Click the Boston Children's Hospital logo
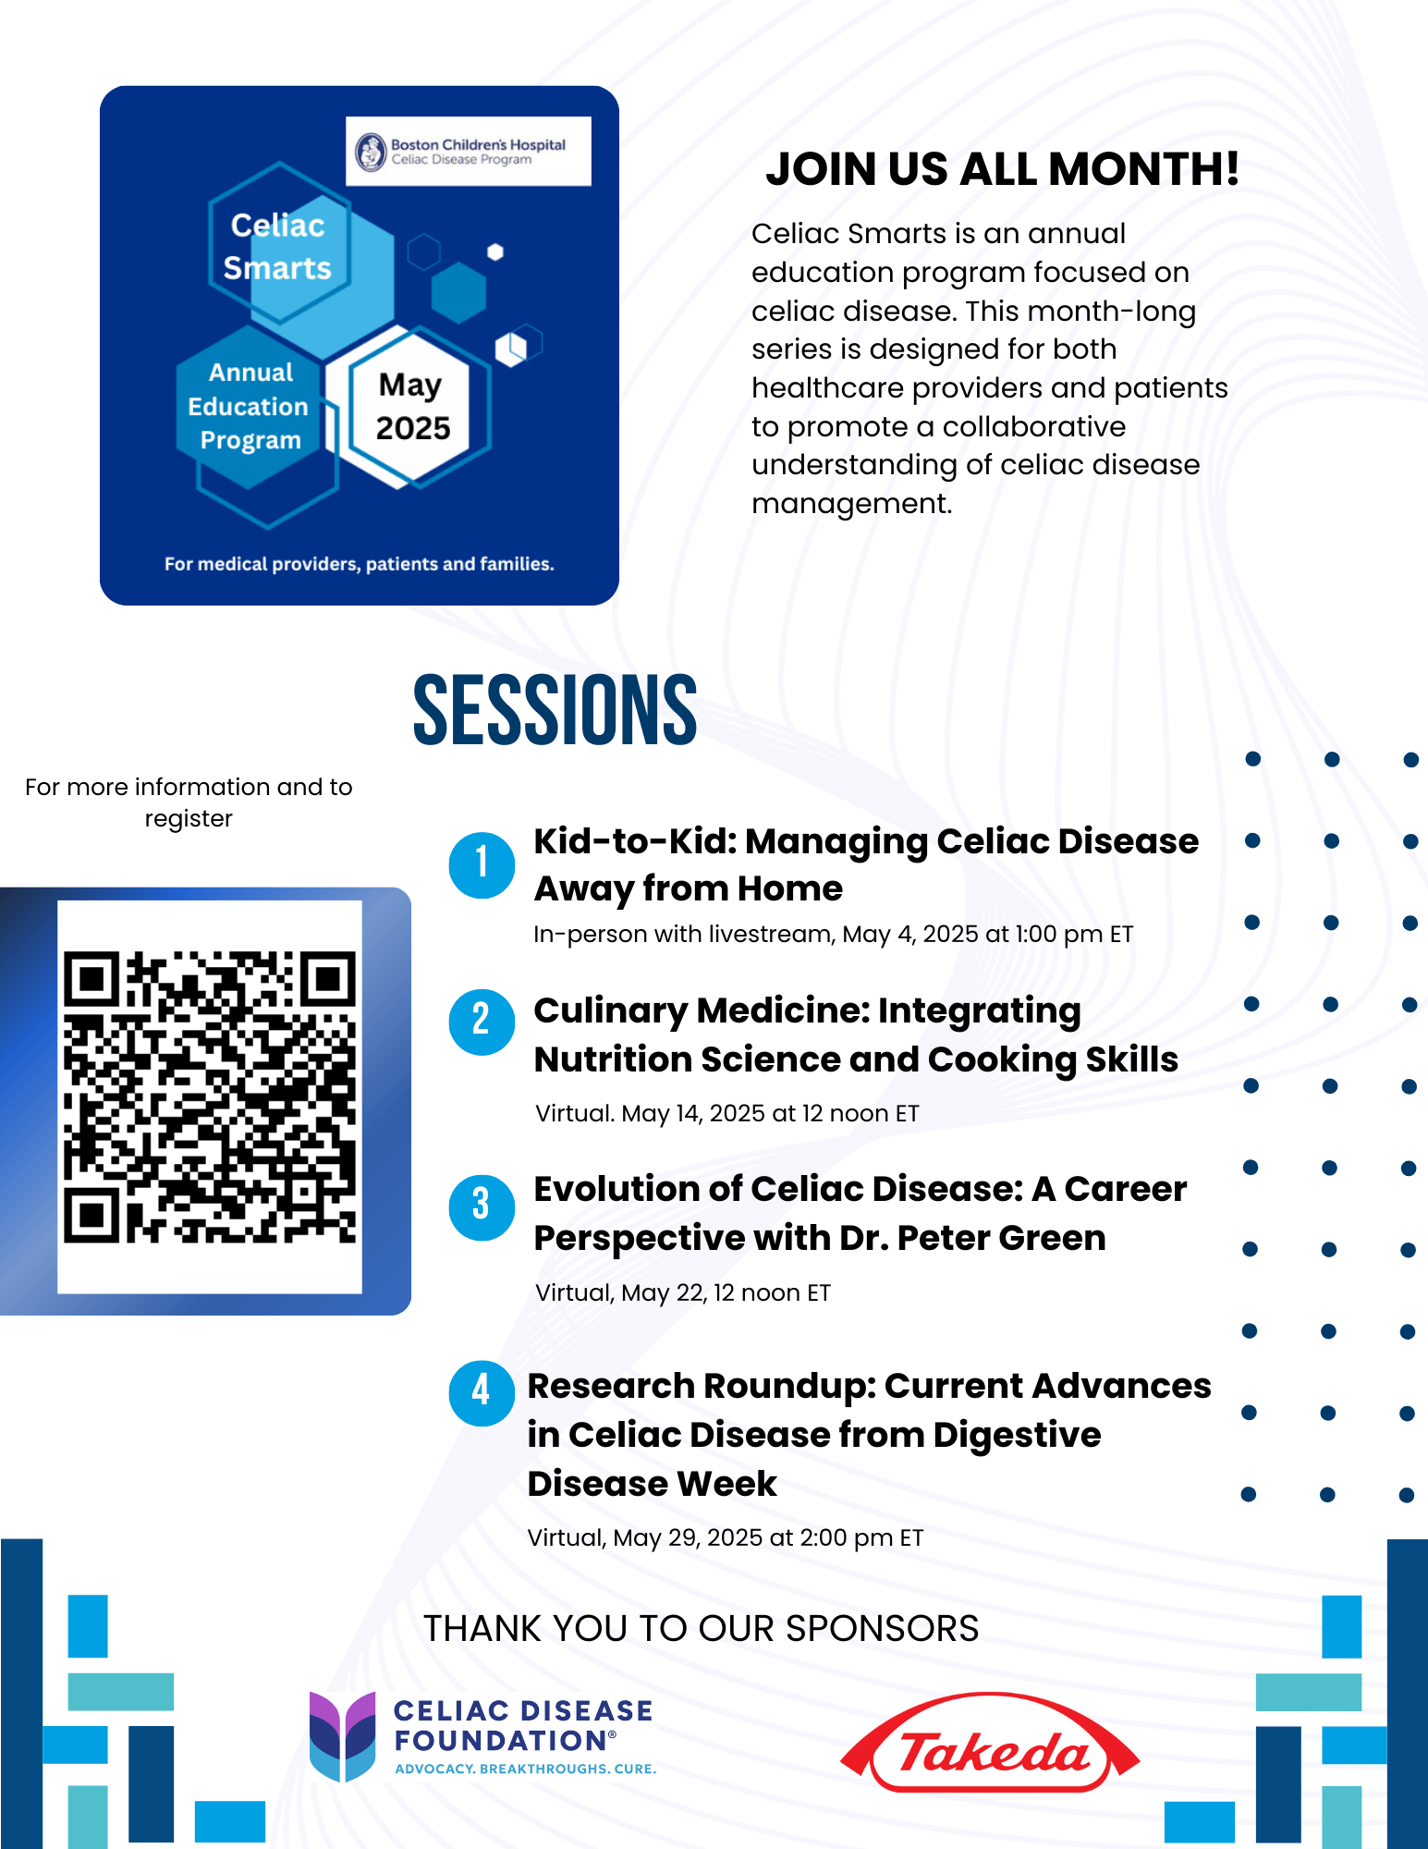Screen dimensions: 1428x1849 [x=469, y=152]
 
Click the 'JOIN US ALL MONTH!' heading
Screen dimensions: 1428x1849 [x=1002, y=169]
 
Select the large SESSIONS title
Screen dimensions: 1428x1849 [x=555, y=709]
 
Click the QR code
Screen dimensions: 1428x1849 [x=210, y=1097]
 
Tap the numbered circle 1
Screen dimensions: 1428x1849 [x=482, y=864]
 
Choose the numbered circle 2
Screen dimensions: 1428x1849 [x=482, y=1022]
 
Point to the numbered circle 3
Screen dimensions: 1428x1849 [x=482, y=1206]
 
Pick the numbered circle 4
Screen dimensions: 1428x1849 [x=482, y=1392]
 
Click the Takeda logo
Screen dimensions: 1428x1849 [x=990, y=1743]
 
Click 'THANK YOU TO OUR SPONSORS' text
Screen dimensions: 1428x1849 [x=701, y=1628]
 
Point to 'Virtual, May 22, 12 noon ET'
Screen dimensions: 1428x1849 [x=683, y=1292]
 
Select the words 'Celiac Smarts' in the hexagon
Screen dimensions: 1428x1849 [x=277, y=247]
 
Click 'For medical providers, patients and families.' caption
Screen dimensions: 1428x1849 [x=360, y=564]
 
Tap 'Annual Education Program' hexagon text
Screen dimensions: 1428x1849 [x=249, y=407]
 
